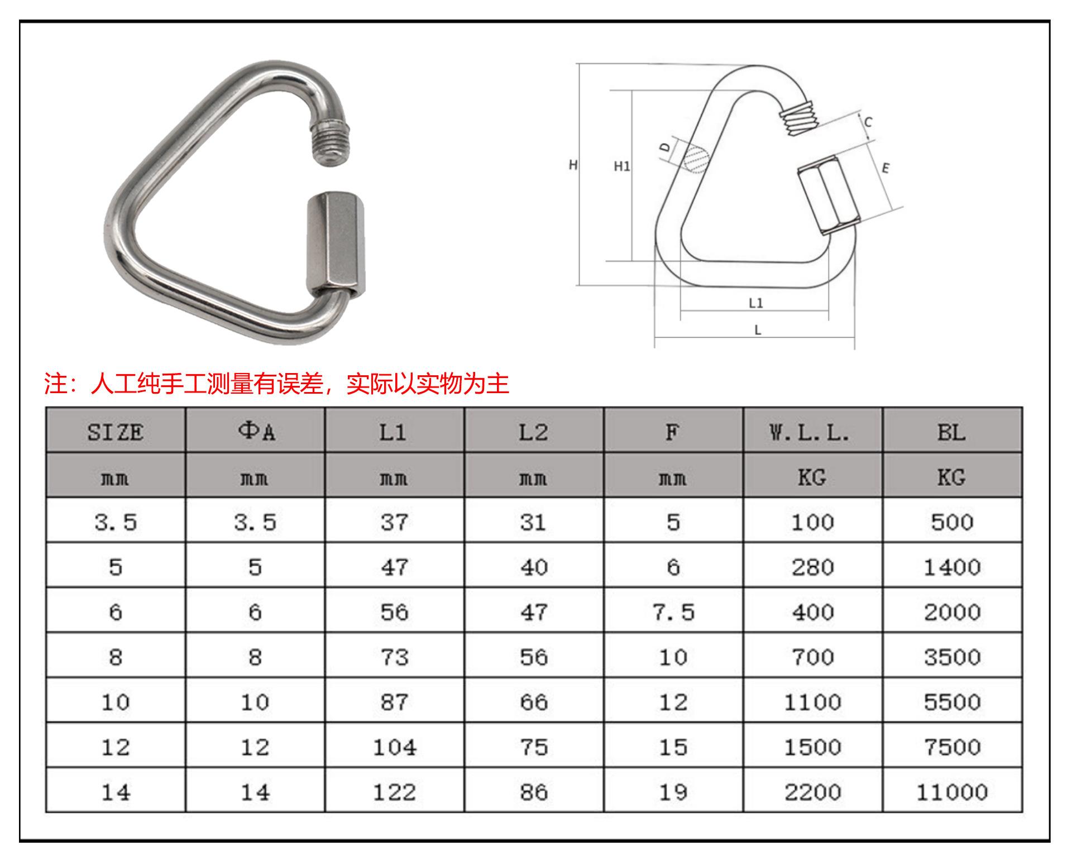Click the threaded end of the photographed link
[331, 142]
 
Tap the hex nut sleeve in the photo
[337, 244]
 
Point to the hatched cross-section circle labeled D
[695, 157]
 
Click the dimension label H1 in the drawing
[621, 166]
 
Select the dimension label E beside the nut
[886, 168]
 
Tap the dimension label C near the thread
[868, 122]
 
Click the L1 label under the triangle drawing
[755, 303]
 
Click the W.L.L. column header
[812, 432]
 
